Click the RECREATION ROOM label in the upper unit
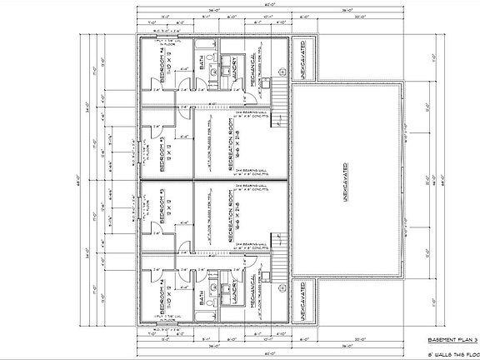(231, 143)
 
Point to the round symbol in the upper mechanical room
(282, 70)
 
